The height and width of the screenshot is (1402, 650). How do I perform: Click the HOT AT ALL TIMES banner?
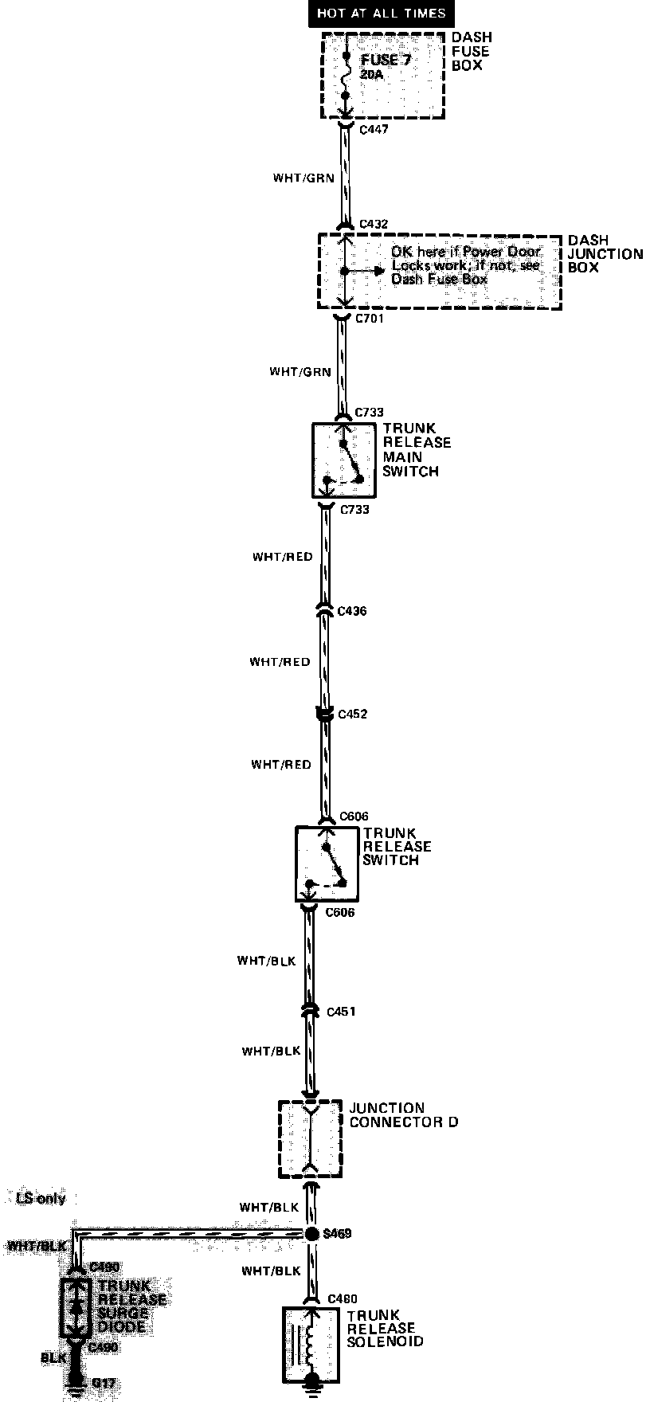pos(382,14)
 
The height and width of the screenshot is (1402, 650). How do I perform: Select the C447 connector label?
pos(374,129)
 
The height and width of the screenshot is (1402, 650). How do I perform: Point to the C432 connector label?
pos(374,225)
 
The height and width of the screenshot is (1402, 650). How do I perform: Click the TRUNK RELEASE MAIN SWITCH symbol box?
pos(343,460)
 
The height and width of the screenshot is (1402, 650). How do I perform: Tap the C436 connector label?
pos(352,612)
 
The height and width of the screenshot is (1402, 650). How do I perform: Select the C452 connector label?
pos(353,715)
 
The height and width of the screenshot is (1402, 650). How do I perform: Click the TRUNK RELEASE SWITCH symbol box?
pos(327,864)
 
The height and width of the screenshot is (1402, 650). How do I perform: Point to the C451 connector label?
pos(341,1012)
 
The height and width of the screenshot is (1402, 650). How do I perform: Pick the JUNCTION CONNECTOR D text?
pos(403,1114)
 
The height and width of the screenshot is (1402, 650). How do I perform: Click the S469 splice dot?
pos(311,1234)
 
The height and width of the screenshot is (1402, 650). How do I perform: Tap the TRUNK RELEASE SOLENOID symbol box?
pos(311,1344)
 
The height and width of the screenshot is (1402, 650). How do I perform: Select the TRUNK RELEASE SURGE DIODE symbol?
pos(76,1307)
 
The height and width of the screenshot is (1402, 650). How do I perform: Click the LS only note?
pos(41,1198)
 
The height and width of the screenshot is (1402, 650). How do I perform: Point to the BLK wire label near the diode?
pos(53,1357)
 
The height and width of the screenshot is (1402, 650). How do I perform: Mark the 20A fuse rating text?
pos(371,73)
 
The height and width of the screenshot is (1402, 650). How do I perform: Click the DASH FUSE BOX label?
pos(471,51)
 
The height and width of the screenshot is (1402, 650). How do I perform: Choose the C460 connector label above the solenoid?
pos(342,1299)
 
